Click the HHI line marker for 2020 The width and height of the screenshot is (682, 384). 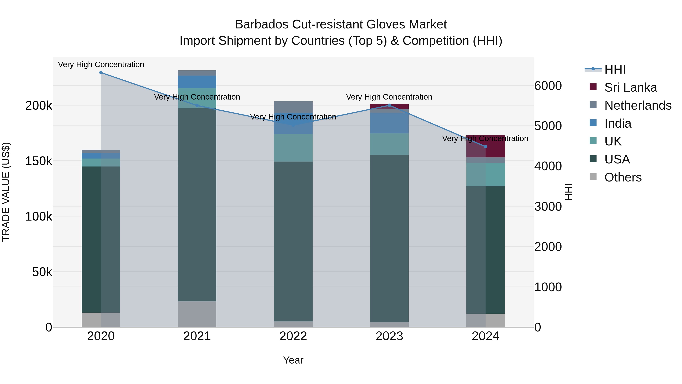[x=101, y=73]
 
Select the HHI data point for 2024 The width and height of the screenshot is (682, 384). [x=486, y=147]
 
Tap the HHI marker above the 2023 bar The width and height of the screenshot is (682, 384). [x=389, y=105]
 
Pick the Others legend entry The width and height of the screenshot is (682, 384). [x=623, y=177]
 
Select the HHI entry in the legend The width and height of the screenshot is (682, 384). [x=615, y=69]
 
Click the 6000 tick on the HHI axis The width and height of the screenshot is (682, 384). [x=548, y=86]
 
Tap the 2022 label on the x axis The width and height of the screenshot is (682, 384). [x=293, y=336]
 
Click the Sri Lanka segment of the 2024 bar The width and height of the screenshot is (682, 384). [x=486, y=146]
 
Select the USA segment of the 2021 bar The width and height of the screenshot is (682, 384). [x=197, y=204]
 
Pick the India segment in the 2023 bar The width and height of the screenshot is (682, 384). [x=389, y=123]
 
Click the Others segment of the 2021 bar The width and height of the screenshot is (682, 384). [x=197, y=314]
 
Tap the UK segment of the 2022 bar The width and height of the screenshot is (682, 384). [x=293, y=148]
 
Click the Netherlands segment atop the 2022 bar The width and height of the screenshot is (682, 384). [x=293, y=107]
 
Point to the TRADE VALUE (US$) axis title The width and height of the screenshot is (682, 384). [x=6, y=192]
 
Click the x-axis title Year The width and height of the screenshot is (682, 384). [x=293, y=360]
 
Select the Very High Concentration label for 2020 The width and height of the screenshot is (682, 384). [x=101, y=64]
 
